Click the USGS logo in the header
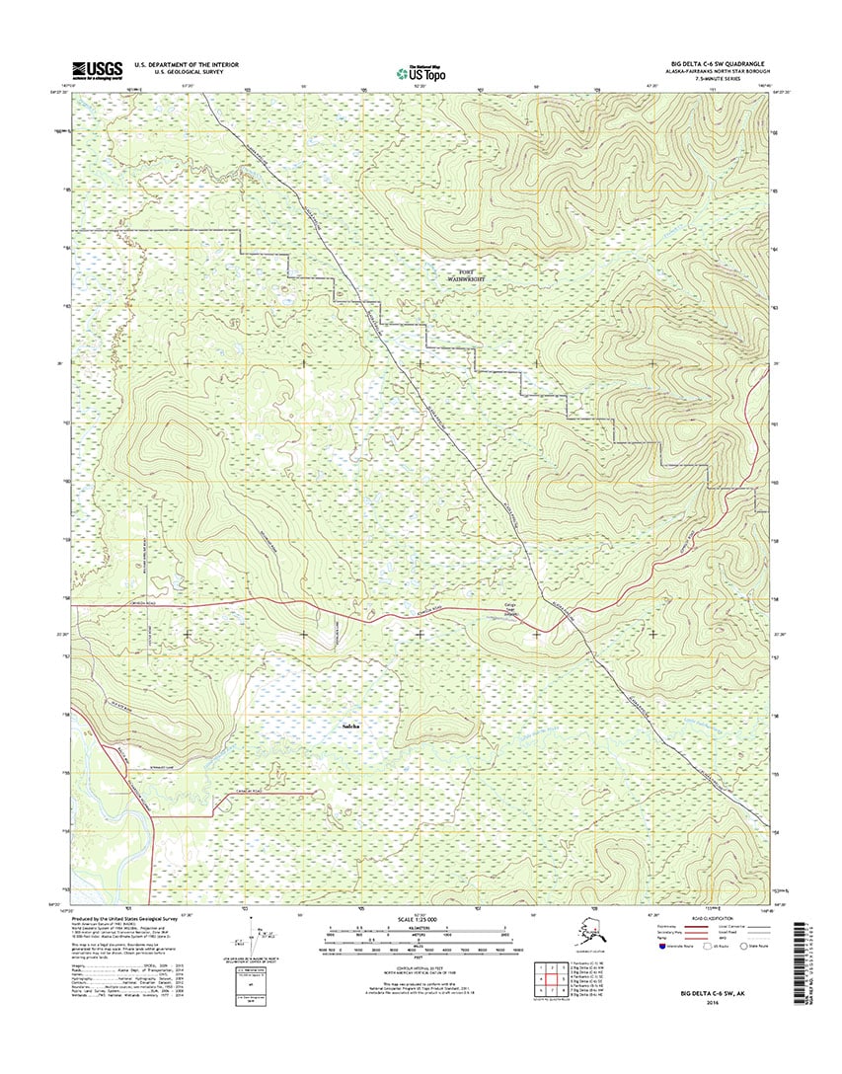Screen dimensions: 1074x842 tap(97, 69)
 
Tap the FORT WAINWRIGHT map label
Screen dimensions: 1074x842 tap(477, 275)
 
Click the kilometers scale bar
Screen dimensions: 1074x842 tap(421, 932)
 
